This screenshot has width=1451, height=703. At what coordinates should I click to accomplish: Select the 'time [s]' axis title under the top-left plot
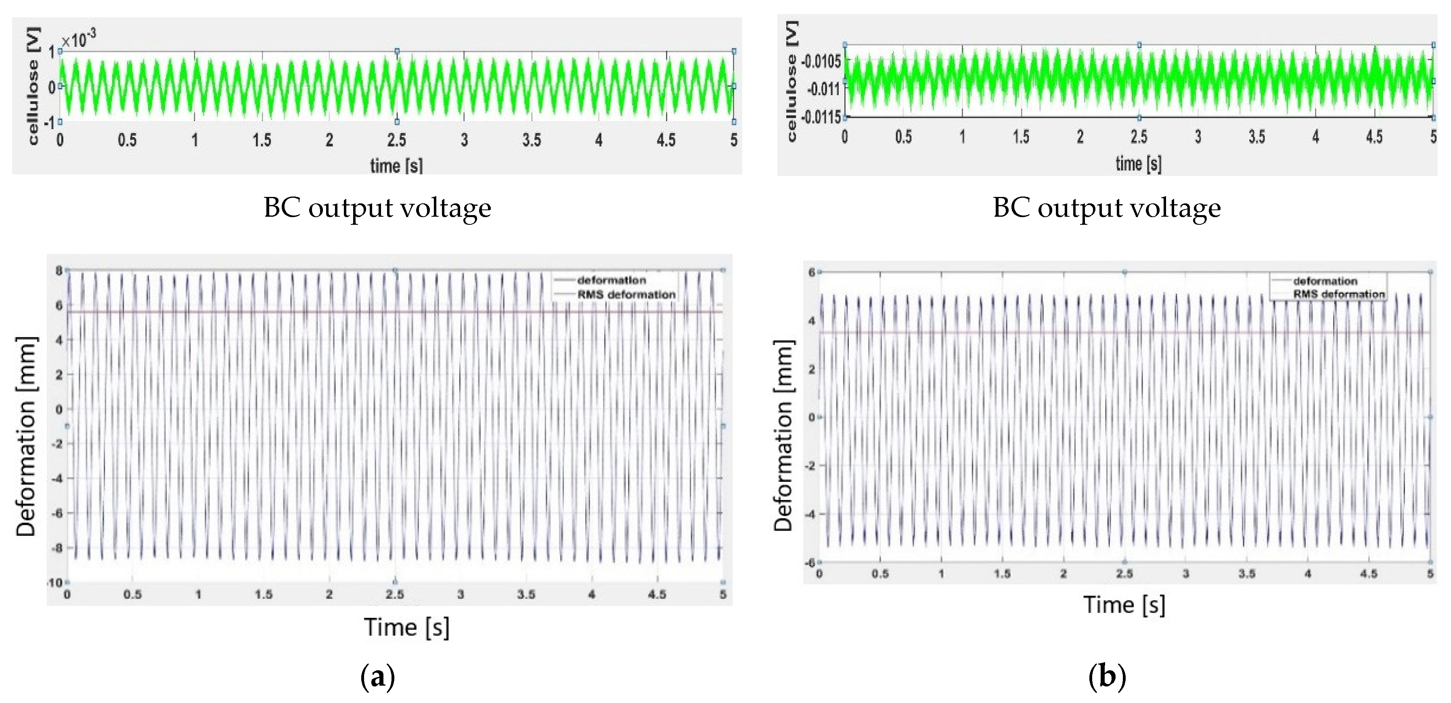396,165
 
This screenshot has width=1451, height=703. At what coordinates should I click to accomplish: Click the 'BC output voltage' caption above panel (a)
377,208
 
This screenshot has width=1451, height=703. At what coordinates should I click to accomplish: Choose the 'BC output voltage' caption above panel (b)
1107,208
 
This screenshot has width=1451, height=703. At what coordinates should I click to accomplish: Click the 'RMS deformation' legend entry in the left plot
626,294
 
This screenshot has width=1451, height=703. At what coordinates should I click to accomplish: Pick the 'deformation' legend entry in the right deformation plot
1325,280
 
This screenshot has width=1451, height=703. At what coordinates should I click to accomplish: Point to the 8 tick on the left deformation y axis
58,270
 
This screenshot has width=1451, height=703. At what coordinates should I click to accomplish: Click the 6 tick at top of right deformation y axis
812,272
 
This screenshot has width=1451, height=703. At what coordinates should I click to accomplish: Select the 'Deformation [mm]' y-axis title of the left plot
27,437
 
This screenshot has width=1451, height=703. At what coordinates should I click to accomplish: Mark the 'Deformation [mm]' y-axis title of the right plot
783,435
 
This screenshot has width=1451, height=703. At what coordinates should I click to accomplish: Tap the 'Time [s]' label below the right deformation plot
1124,605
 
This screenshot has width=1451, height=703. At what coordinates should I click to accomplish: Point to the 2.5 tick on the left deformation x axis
395,594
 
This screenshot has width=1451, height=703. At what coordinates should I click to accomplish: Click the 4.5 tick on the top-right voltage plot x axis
1374,137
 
